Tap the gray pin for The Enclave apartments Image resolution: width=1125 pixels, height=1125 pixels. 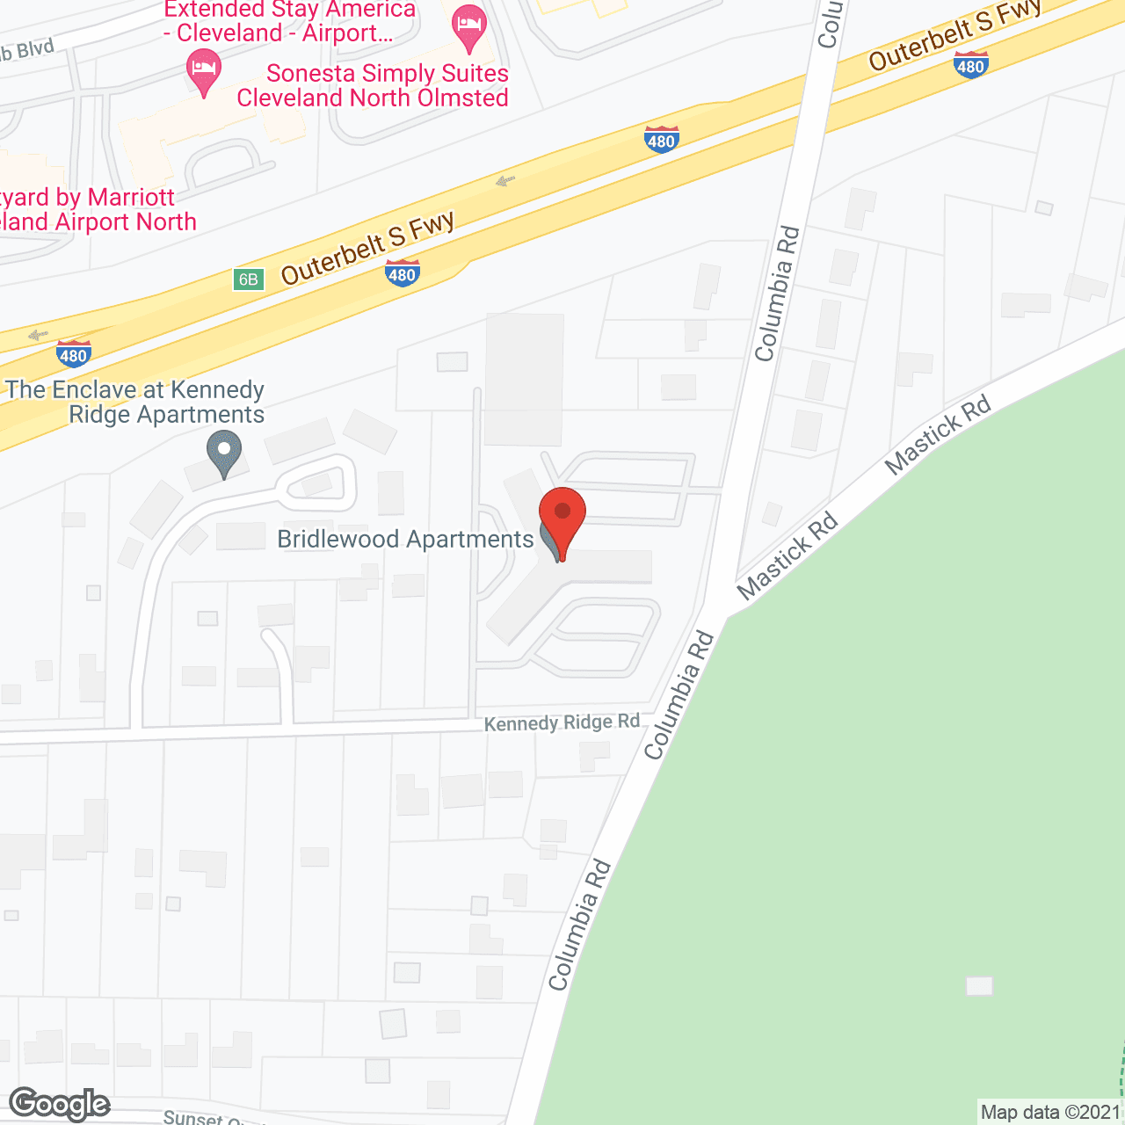click(224, 452)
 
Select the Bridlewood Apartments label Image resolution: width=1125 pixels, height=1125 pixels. click(405, 539)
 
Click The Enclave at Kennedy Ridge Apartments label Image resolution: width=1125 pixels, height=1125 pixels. click(137, 402)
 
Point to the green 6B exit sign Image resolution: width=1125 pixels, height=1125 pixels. click(249, 279)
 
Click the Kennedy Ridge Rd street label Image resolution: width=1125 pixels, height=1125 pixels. click(562, 722)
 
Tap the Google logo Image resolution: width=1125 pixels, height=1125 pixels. click(60, 1103)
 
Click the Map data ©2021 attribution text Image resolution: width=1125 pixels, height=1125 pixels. click(1050, 1112)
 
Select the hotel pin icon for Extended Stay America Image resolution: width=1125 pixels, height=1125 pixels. click(468, 28)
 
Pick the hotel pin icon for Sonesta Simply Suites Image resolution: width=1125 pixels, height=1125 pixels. click(204, 71)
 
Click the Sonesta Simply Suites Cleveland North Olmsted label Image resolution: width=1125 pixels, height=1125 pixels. click(374, 85)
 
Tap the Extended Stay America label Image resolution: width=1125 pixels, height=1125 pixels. click(289, 22)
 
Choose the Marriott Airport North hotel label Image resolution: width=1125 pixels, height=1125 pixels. click(97, 209)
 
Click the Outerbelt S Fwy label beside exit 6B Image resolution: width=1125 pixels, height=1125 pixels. click(368, 248)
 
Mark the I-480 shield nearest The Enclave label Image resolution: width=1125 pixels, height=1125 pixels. click(73, 354)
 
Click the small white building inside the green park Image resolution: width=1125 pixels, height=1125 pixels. click(979, 986)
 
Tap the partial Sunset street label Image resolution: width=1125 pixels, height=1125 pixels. click(204, 1117)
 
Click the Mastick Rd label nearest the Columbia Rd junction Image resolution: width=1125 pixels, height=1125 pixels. click(788, 557)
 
